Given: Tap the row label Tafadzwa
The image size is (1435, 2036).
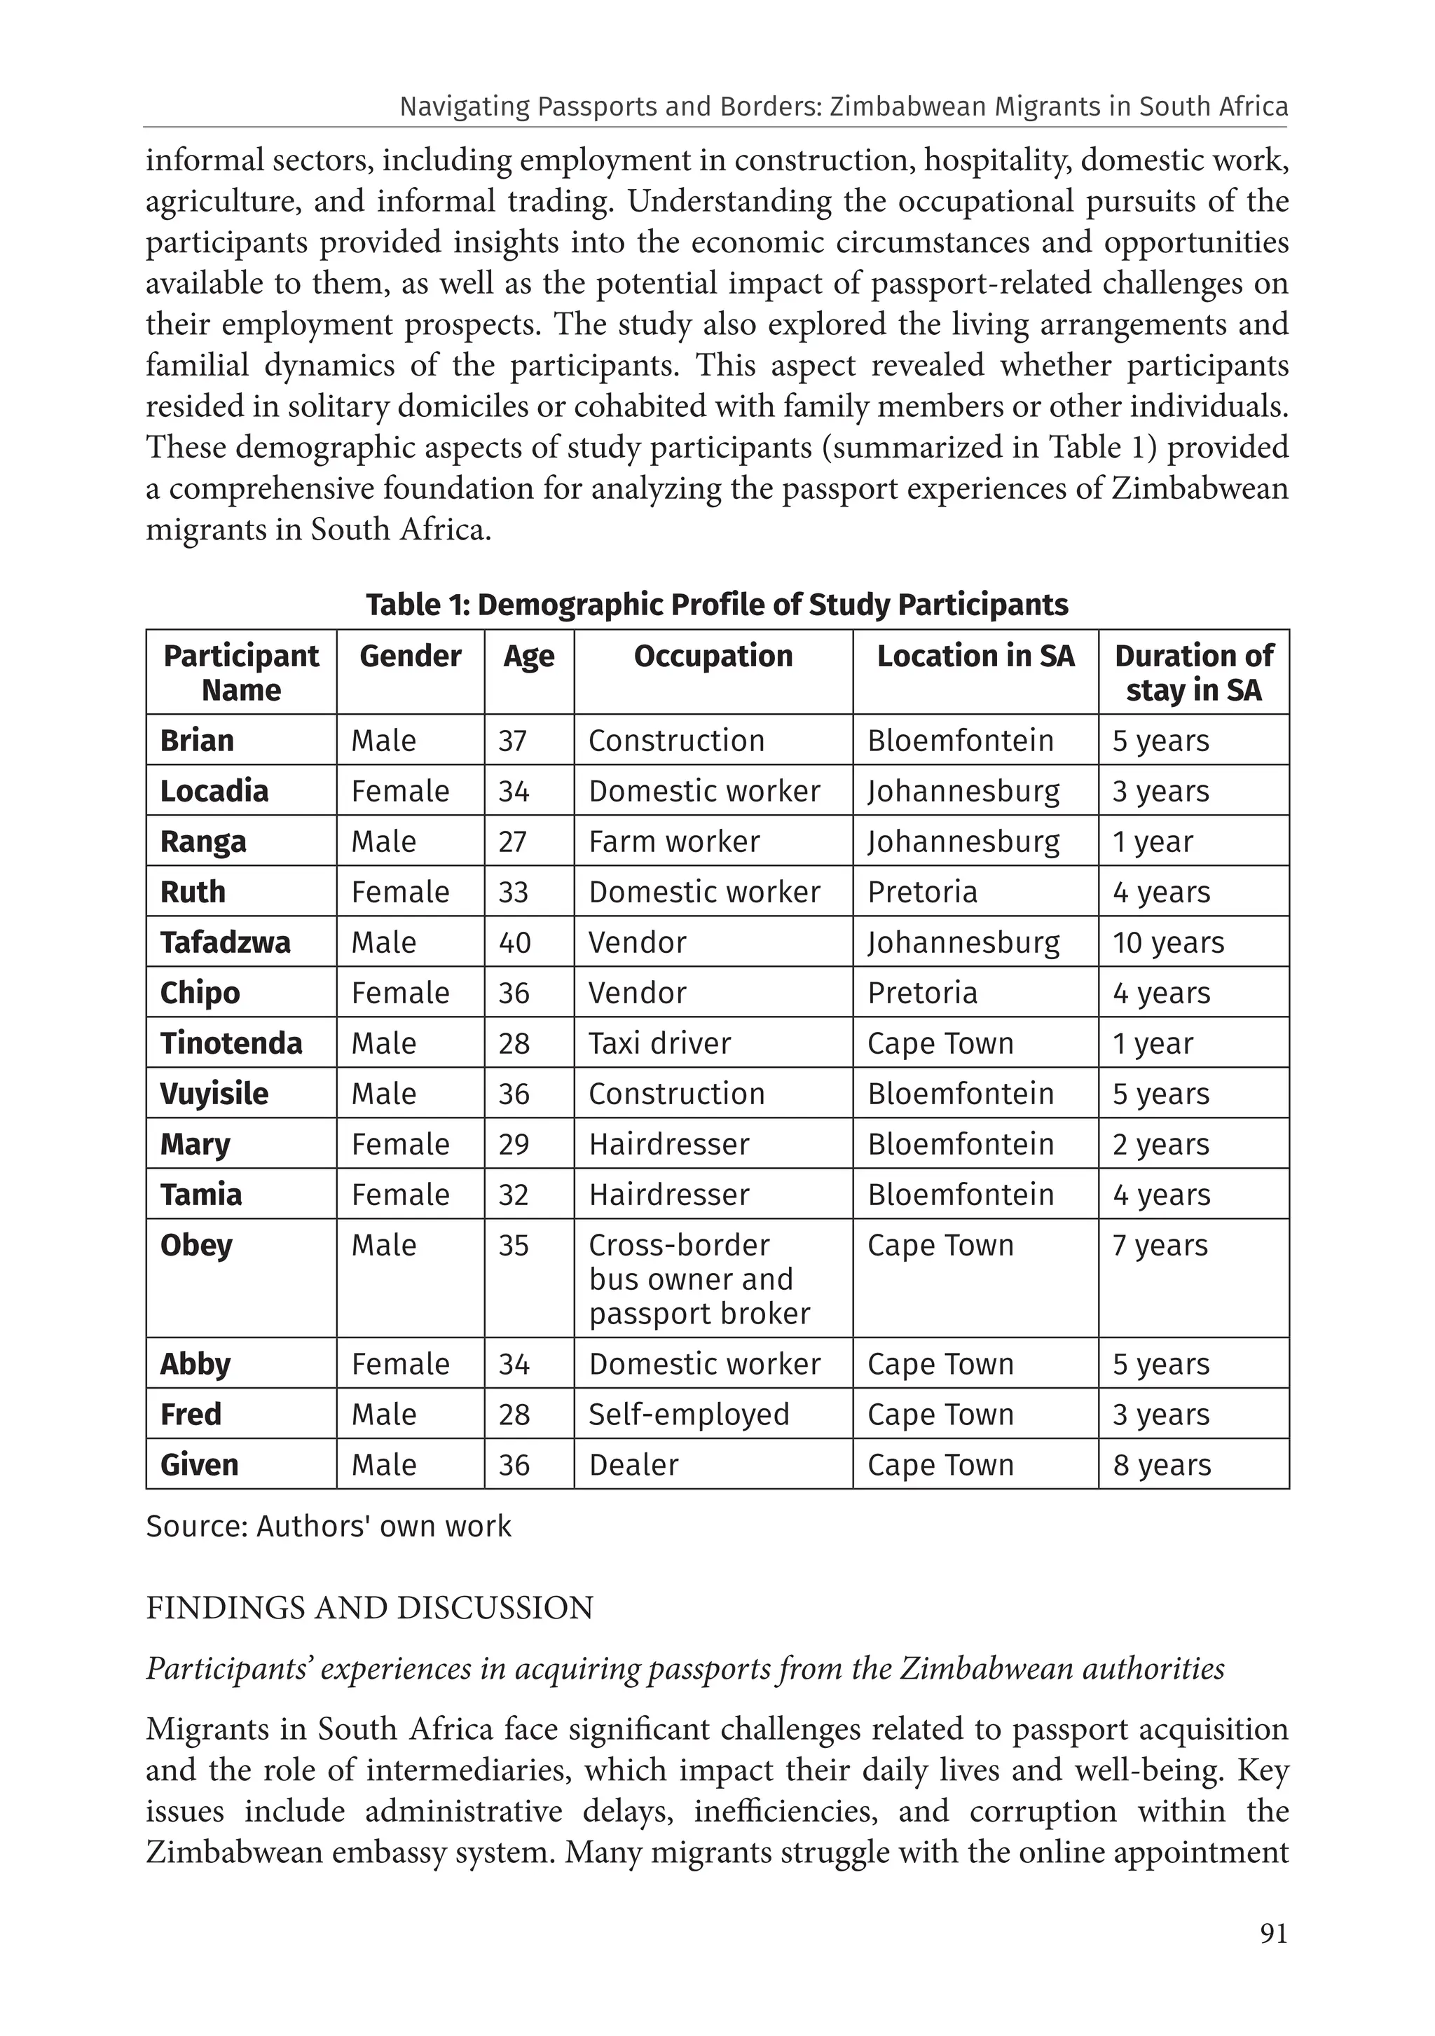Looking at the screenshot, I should click(x=226, y=942).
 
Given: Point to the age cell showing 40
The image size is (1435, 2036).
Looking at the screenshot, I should click(x=514, y=942).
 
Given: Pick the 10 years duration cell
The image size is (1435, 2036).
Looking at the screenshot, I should click(x=1168, y=942).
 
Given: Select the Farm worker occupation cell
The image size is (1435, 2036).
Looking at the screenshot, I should click(x=674, y=841).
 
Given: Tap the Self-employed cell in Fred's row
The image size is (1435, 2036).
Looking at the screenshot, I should click(x=688, y=1413).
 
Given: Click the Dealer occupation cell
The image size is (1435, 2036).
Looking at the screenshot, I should click(x=633, y=1464).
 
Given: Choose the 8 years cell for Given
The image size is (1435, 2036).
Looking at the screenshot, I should click(x=1161, y=1464).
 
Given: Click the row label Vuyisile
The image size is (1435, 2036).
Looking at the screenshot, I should click(x=214, y=1094).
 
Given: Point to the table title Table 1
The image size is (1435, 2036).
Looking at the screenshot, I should click(x=717, y=605).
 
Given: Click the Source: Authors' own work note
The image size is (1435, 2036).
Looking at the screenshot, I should click(x=328, y=1526).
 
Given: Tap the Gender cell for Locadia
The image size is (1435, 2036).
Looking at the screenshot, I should click(x=400, y=791).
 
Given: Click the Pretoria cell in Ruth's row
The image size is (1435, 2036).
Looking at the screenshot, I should click(x=922, y=892).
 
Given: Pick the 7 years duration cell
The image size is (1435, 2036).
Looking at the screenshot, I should click(x=1160, y=1245).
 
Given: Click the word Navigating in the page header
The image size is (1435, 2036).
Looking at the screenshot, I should click(x=455, y=106).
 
